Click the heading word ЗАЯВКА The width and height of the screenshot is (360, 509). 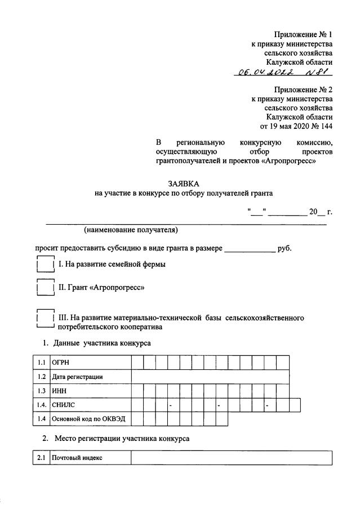tap(183, 184)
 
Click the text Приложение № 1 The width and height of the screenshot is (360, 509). tap(303, 34)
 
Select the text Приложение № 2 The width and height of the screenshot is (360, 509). tap(303, 90)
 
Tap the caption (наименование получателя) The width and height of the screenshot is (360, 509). tap(131, 230)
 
